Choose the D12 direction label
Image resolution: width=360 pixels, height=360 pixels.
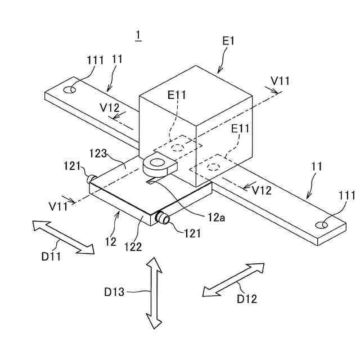(x=246, y=299)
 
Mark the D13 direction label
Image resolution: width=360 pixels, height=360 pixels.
(x=114, y=292)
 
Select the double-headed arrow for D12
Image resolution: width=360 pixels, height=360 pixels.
(x=233, y=279)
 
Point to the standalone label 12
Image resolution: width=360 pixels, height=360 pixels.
(x=111, y=242)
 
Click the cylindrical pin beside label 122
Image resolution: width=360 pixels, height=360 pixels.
(x=163, y=218)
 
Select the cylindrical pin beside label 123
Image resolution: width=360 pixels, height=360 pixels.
(x=90, y=179)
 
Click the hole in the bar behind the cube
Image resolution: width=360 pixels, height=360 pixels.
(x=70, y=89)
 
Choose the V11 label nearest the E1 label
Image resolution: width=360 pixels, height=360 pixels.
(x=280, y=81)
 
